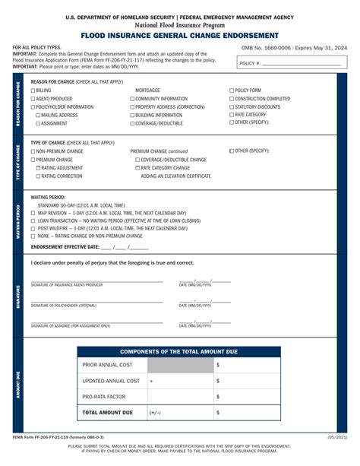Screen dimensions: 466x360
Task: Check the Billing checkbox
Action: coord(33,90)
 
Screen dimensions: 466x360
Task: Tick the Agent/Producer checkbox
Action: coord(33,99)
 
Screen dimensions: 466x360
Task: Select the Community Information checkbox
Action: coord(132,99)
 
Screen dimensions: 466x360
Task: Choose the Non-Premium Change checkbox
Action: coord(33,151)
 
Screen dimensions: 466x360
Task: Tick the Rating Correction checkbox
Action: coord(39,176)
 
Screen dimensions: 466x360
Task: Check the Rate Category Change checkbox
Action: coord(137,168)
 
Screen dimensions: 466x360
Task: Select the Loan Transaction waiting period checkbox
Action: coord(33,220)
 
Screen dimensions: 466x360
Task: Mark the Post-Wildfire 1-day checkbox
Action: coord(33,228)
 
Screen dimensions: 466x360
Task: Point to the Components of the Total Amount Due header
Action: coord(178,352)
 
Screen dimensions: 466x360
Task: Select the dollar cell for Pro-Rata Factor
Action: coord(247,397)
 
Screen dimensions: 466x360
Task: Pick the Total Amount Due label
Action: coord(107,413)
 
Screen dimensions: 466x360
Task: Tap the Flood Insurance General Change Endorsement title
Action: coord(180,35)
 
